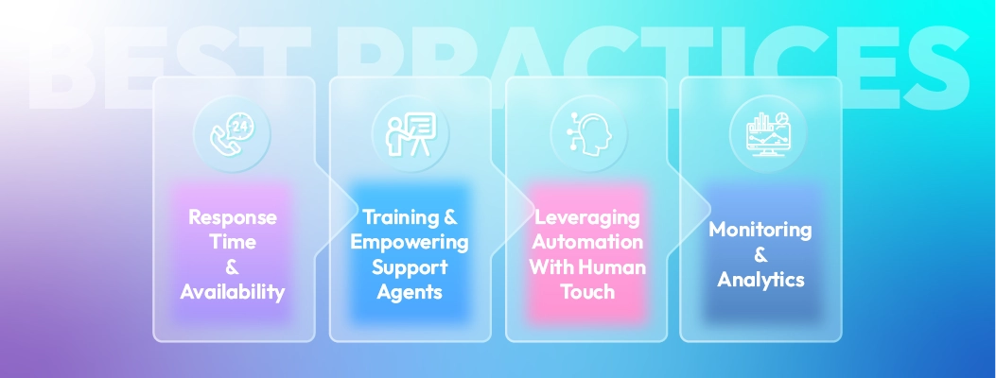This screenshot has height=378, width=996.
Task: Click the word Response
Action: (233, 217)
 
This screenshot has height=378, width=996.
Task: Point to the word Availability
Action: (233, 292)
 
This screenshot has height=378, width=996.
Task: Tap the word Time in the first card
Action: (233, 242)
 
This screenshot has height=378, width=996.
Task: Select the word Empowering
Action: (410, 242)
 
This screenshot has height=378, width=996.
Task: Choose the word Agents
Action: (410, 292)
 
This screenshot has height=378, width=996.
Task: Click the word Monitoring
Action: (760, 230)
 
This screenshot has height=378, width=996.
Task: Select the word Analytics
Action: (760, 280)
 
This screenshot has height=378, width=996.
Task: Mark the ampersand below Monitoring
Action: (760, 255)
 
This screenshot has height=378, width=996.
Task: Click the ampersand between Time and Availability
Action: (233, 267)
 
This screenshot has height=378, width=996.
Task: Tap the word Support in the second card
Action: (410, 267)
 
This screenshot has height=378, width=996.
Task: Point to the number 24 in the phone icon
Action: (237, 129)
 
